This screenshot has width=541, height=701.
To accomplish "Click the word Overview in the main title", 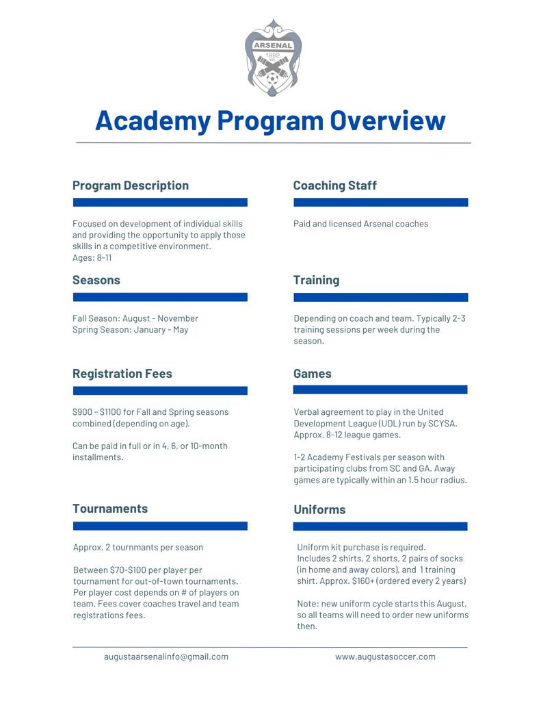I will tap(388, 120).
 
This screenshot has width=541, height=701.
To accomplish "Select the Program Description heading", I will tap(131, 186).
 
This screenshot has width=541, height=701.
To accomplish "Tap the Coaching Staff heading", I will tap(334, 186).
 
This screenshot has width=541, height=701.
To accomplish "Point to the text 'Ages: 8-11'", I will tap(92, 258).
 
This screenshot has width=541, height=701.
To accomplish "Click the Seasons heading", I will tap(96, 280).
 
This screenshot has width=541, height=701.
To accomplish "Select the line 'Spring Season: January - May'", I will tap(131, 330).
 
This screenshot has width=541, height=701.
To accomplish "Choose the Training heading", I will tap(316, 280).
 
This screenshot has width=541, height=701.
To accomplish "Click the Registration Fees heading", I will tap(122, 374).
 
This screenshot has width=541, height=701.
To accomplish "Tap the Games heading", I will tap(312, 374).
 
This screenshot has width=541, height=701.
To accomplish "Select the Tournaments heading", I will tap(110, 509).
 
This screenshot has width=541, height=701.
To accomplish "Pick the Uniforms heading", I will tap(319, 510).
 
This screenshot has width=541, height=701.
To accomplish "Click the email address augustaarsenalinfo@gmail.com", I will tap(166, 657).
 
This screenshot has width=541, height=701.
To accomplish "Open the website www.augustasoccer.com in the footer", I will tap(385, 657).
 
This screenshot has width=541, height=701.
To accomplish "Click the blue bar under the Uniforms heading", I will tap(380, 527).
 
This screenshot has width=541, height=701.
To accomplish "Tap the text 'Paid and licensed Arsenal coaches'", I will tap(360, 224).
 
